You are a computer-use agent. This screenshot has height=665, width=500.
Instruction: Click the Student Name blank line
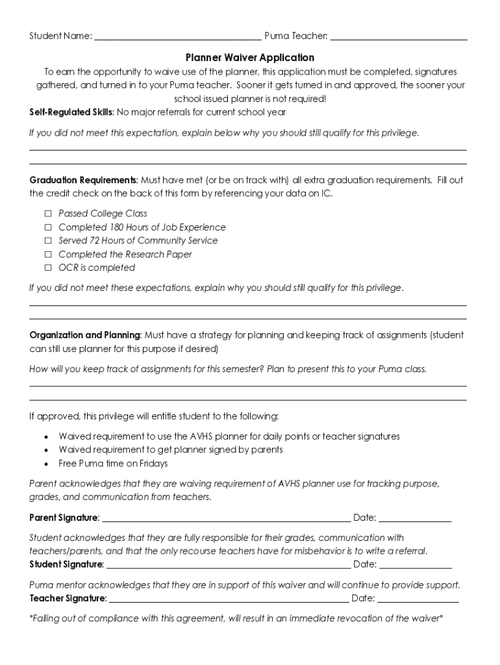[x=178, y=38]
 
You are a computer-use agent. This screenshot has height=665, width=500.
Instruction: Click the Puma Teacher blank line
[x=398, y=38]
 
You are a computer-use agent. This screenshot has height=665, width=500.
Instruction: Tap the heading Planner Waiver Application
[x=250, y=58]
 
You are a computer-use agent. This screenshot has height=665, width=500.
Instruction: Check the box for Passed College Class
[x=47, y=214]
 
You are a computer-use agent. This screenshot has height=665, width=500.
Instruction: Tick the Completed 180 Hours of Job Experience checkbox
[x=47, y=227]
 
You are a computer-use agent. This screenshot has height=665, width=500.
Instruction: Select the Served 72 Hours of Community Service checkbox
[x=47, y=241]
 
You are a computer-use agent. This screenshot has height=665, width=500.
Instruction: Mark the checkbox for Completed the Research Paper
[x=47, y=255]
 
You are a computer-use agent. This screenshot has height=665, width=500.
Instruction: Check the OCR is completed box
[x=47, y=268]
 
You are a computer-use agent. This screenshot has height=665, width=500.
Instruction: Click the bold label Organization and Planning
[x=85, y=336]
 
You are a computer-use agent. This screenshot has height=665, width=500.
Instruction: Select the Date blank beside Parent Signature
[x=415, y=520]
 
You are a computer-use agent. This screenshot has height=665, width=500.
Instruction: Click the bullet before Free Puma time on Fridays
[x=47, y=464]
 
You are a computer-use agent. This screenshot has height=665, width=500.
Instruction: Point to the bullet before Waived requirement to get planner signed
[x=47, y=450]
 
